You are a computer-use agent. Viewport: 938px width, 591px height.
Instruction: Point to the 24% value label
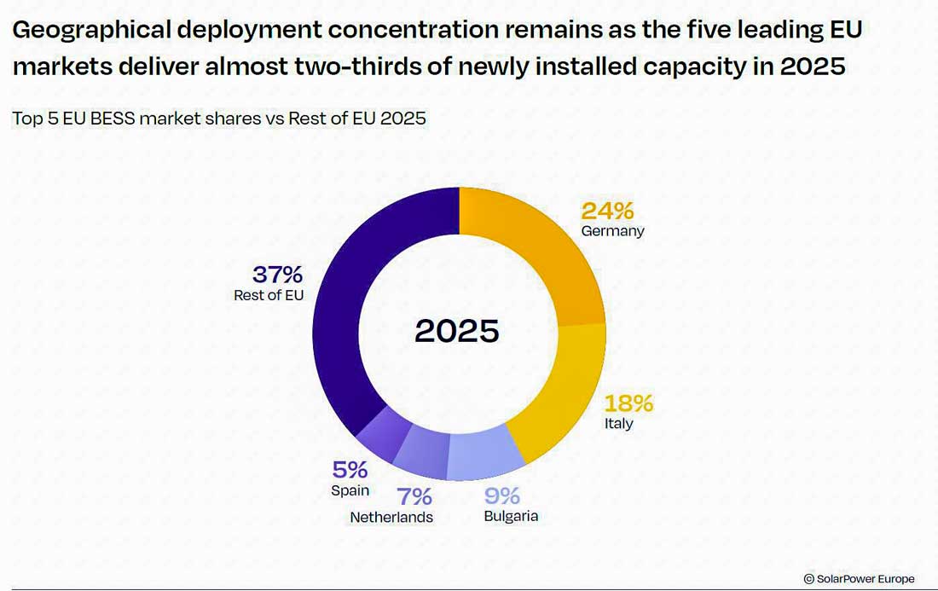(x=607, y=211)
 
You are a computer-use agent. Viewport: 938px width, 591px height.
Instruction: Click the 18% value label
(x=628, y=403)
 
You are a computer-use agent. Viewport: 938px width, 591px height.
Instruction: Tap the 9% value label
(x=502, y=495)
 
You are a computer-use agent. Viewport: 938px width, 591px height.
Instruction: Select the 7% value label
(x=414, y=496)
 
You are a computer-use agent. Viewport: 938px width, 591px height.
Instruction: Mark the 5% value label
(x=350, y=470)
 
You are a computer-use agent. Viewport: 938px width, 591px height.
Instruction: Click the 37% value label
(x=278, y=275)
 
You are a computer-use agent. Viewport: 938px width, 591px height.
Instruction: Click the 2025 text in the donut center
(x=457, y=331)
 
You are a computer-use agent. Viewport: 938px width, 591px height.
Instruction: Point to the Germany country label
(x=612, y=231)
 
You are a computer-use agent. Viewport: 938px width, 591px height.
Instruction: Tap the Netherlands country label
(x=391, y=518)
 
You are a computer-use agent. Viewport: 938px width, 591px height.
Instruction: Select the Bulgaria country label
(x=511, y=516)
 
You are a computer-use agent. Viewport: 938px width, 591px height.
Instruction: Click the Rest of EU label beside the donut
(x=269, y=295)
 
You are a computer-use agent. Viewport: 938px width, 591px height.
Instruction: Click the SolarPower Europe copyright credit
(x=859, y=579)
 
